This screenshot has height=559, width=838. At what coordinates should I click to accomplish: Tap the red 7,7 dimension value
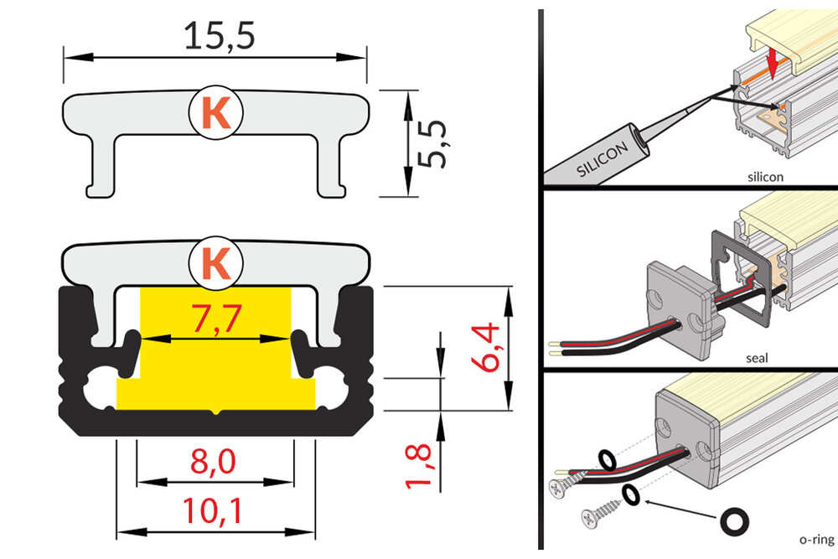tap(215, 318)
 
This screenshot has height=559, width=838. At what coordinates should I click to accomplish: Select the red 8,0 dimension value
tap(215, 462)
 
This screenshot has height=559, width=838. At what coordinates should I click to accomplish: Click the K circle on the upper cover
tap(216, 113)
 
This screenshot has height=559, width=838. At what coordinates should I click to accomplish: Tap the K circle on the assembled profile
tap(216, 263)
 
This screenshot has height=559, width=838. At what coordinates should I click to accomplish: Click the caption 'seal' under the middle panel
tap(757, 358)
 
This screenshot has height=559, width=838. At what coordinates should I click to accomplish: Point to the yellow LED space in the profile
tap(215, 369)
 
